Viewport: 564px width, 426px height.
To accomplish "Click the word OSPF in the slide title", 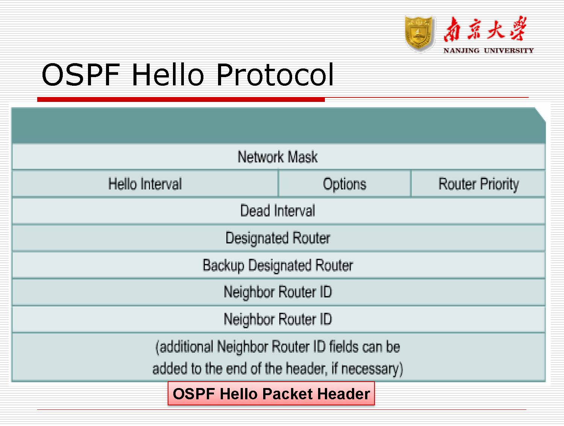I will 80,74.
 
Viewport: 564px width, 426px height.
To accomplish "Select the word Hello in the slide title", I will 167,74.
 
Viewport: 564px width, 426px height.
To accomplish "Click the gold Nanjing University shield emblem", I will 420,34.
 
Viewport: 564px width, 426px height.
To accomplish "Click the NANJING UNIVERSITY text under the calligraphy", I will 488,50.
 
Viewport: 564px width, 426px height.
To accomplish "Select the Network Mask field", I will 277,157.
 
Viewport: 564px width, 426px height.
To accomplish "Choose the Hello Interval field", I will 145,184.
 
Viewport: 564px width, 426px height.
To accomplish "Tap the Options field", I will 344,184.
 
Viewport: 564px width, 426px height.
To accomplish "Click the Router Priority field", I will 478,184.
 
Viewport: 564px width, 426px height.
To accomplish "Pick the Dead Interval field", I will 277,211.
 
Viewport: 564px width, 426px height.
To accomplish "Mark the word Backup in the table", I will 223,265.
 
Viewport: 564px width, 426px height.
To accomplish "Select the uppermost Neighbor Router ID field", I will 277,292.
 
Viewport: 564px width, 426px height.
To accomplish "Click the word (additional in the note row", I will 184,347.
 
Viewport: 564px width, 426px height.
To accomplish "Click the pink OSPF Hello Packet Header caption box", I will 271,394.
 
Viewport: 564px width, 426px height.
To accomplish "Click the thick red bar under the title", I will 180,99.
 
